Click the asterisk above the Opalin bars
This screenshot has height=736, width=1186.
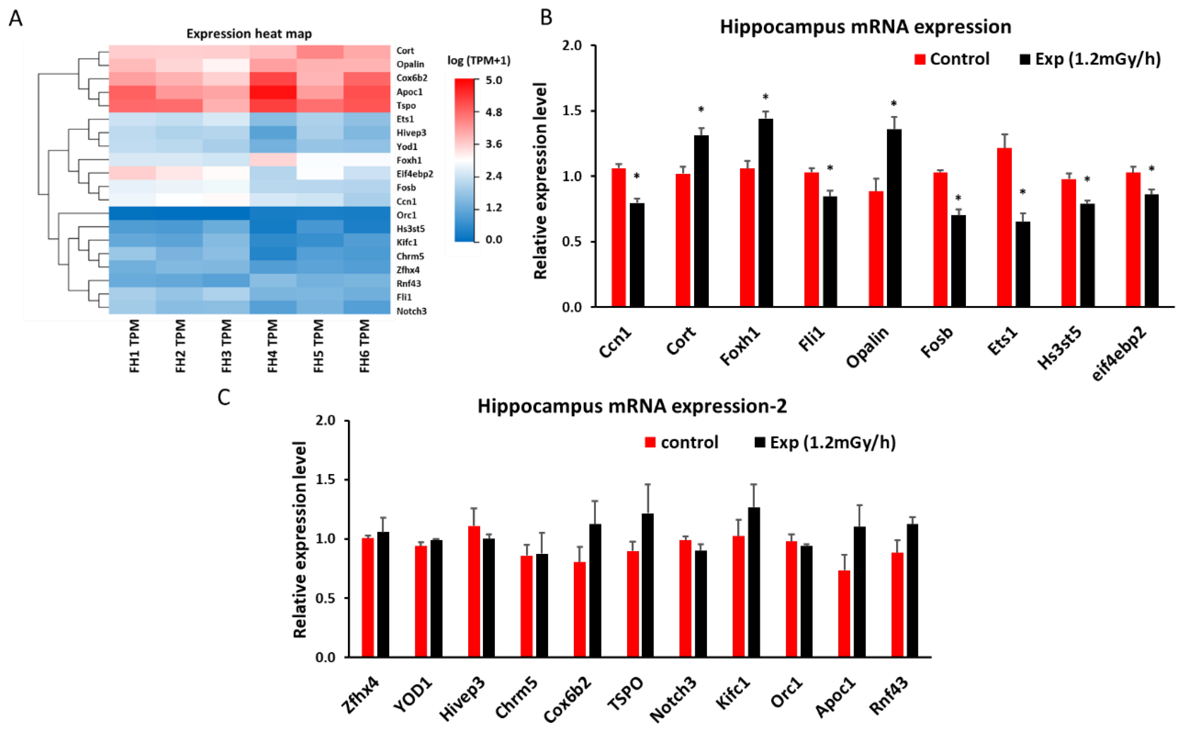[893, 104]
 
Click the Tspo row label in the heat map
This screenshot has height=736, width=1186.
[406, 106]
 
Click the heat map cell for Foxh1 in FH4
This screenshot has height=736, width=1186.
[273, 160]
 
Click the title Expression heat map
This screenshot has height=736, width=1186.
[249, 34]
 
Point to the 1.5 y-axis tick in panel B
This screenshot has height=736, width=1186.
[571, 111]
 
